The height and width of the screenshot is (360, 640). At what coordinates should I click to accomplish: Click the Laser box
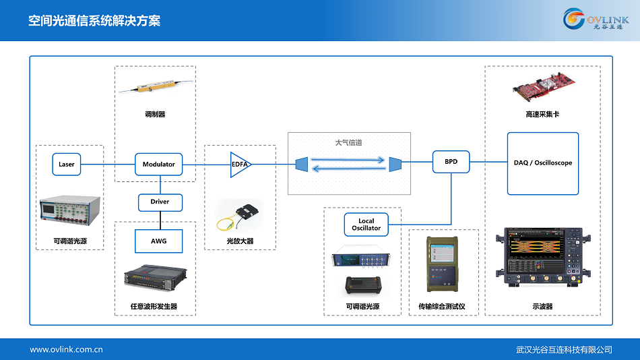(x=67, y=164)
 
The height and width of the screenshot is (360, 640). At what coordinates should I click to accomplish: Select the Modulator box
(x=159, y=164)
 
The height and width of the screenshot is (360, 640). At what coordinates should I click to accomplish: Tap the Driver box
(x=160, y=202)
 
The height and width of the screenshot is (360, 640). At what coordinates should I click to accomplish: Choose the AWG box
(x=159, y=241)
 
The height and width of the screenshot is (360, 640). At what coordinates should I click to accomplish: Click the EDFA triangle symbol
(x=239, y=164)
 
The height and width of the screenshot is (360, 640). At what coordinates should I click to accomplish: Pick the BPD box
(x=451, y=162)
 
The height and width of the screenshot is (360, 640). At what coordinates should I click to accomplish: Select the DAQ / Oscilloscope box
(x=542, y=163)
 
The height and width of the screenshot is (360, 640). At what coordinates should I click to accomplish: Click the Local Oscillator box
(x=366, y=224)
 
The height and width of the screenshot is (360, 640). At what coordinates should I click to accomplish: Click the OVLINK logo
(x=596, y=20)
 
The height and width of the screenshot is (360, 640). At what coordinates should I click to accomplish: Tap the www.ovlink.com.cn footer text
(x=66, y=349)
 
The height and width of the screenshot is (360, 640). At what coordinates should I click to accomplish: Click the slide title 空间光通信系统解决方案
(x=94, y=21)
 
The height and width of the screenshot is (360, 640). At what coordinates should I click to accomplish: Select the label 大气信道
(x=348, y=143)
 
